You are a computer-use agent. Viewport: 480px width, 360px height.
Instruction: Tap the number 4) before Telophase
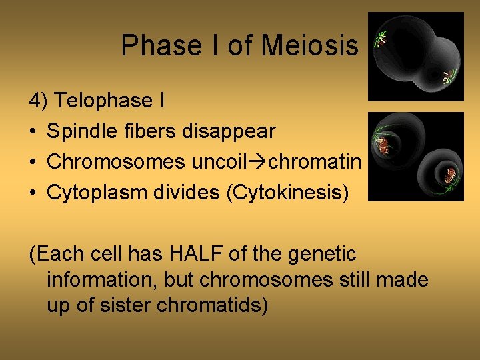[x=39, y=101]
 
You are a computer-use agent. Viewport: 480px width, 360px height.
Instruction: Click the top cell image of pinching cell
[x=416, y=56]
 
